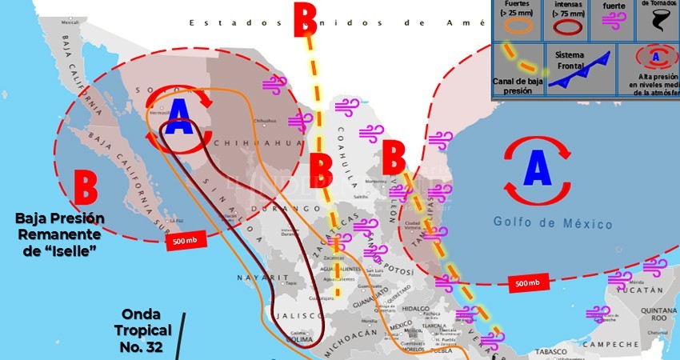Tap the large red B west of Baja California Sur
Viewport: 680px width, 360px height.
(x=86, y=187)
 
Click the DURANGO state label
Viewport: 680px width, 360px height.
(x=274, y=209)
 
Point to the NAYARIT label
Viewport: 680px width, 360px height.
(x=257, y=277)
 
